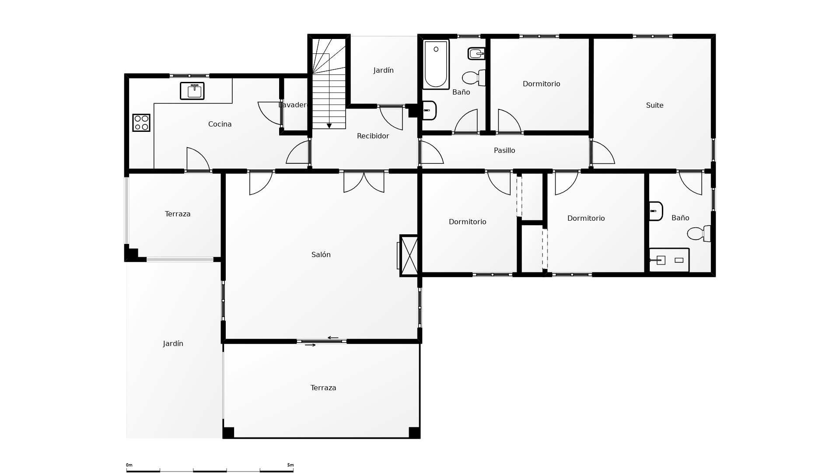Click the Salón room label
click(x=321, y=254)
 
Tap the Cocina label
click(x=220, y=124)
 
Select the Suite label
click(x=654, y=105)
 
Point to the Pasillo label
click(x=504, y=150)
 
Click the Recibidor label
click(x=373, y=136)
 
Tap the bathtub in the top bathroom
click(x=436, y=64)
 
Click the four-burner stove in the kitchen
click(x=141, y=123)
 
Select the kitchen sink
click(x=192, y=91)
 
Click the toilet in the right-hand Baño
click(x=699, y=233)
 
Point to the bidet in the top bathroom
click(x=476, y=53)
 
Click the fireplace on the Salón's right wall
click(x=409, y=255)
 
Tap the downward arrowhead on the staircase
click(x=329, y=126)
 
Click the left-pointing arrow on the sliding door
click(x=333, y=338)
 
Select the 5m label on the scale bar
click(x=290, y=465)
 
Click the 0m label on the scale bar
click(x=129, y=465)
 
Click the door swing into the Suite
click(x=602, y=152)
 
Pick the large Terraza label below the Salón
click(x=323, y=388)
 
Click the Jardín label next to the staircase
click(x=383, y=71)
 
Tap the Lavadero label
click(x=293, y=105)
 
